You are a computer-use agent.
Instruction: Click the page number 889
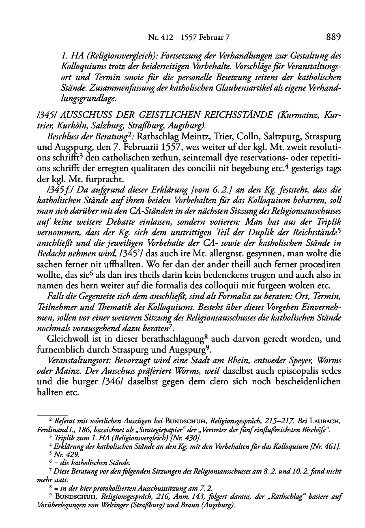pos(333,37)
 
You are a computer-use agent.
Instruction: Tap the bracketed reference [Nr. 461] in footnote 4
pos(327,447)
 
